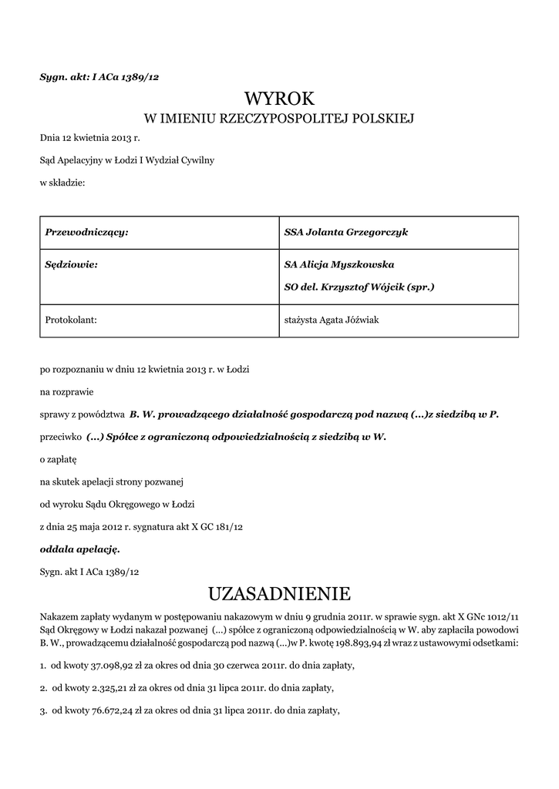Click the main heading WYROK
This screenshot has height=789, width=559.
coord(279,98)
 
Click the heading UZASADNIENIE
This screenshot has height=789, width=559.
coord(279,594)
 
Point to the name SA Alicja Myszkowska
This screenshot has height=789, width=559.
coord(339,264)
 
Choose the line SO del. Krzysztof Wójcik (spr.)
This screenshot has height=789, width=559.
coord(359,287)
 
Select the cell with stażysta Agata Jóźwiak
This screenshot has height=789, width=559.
coord(332,320)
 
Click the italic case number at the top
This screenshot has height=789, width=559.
coord(99,77)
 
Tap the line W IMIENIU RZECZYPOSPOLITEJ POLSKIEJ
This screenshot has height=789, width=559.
coord(279,119)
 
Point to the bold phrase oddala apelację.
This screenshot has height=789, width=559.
coord(79,550)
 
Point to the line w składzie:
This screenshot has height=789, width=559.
coord(62,183)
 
